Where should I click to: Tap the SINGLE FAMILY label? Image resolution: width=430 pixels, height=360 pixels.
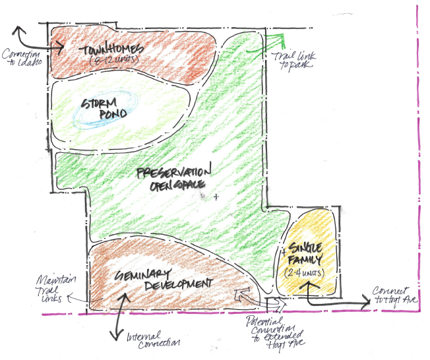(x=305, y=253)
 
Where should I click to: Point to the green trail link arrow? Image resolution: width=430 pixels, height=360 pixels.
(x=267, y=41)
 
